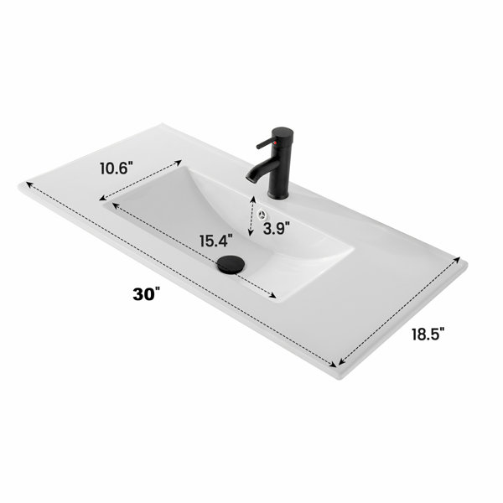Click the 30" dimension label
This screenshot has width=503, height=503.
point(146,294)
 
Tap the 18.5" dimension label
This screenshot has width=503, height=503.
point(428,334)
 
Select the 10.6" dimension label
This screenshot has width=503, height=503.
point(117,169)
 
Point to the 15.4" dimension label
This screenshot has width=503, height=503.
point(216,241)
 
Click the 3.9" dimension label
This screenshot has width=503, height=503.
point(276,228)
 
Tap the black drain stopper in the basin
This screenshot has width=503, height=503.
point(231,264)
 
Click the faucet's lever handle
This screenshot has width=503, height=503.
point(266,143)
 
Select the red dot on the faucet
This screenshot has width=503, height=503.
point(275,143)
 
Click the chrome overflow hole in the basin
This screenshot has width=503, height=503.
point(263,214)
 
